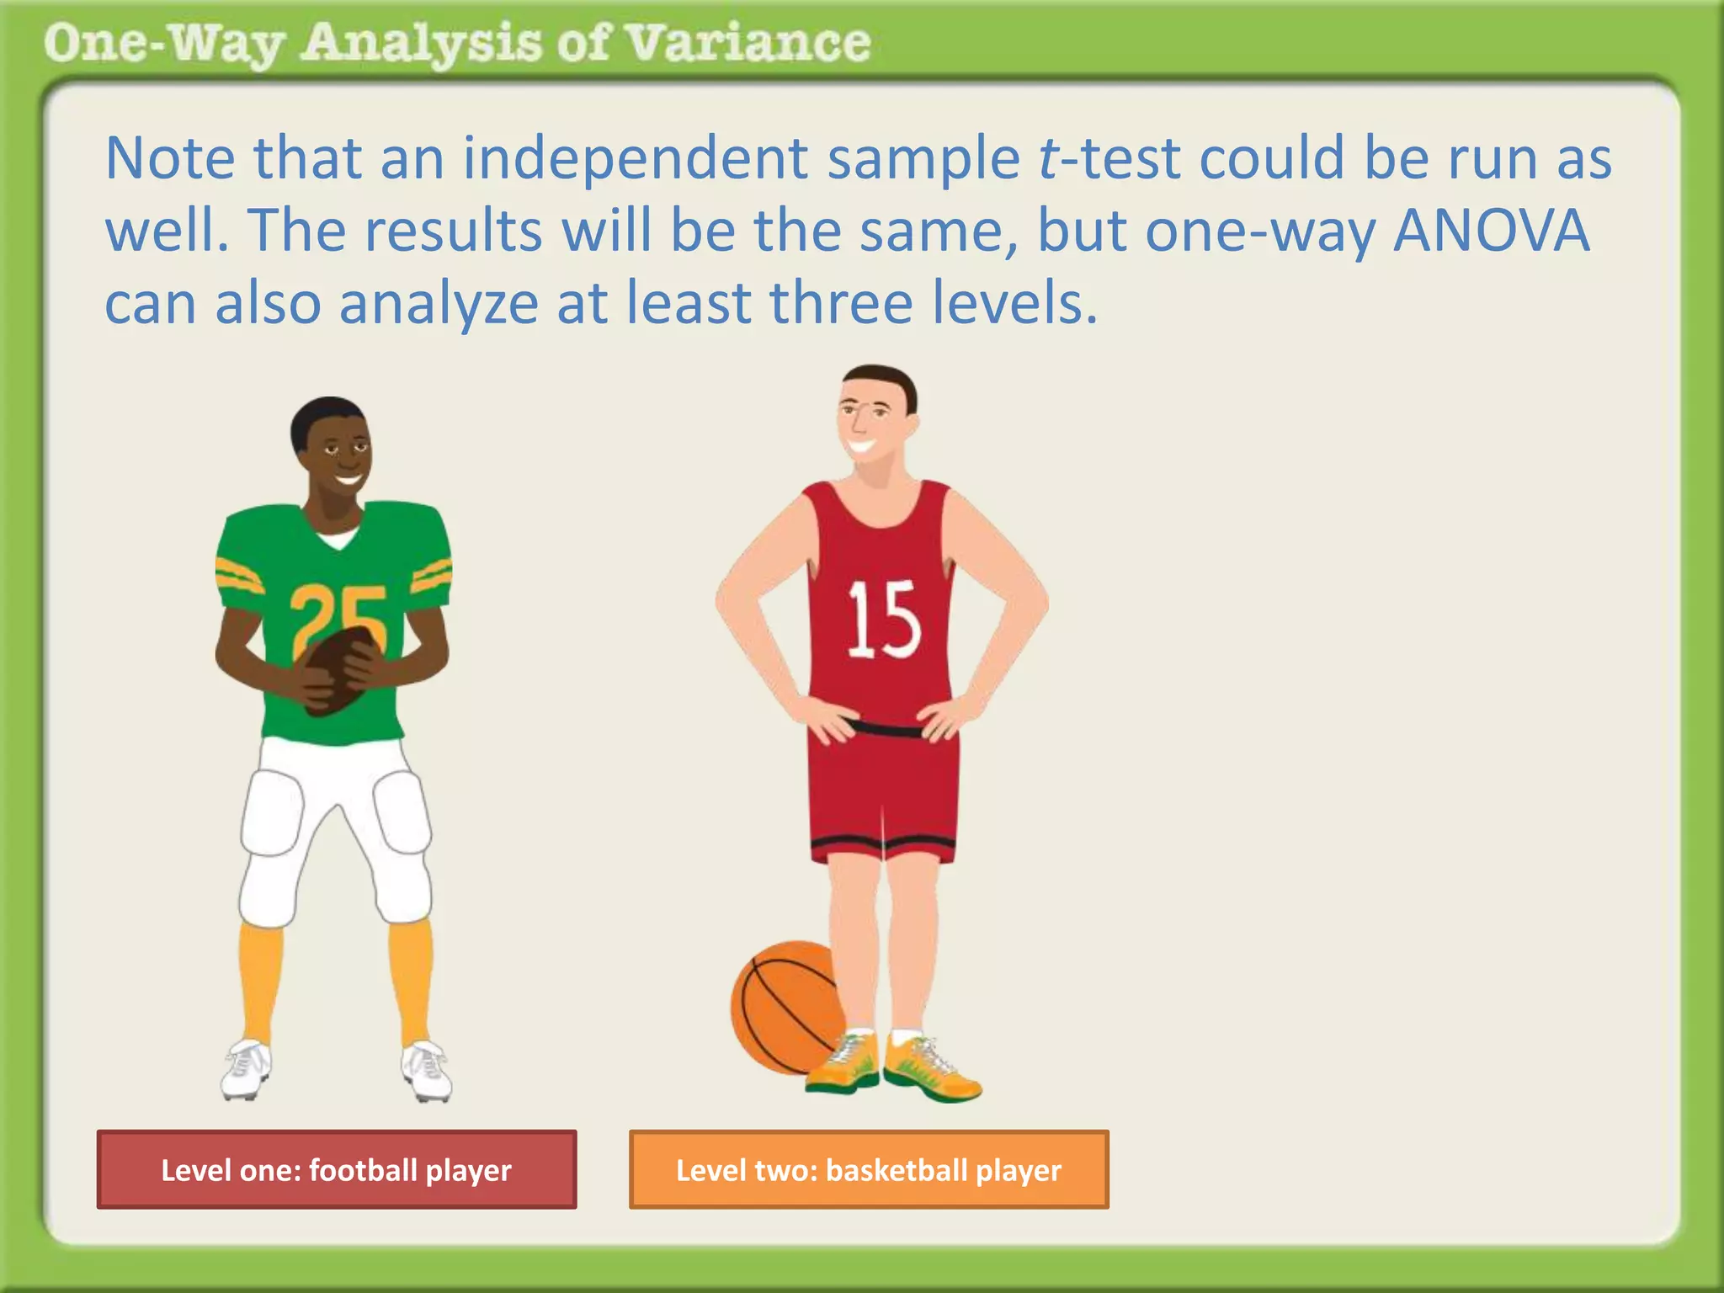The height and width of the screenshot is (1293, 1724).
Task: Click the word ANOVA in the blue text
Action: [x=1491, y=231]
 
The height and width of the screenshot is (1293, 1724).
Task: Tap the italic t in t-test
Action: [x=1049, y=158]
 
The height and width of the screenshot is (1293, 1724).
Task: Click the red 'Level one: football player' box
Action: [x=337, y=1169]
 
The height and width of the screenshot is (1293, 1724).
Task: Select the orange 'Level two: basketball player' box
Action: [x=869, y=1169]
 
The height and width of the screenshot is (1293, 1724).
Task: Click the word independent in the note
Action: [x=636, y=158]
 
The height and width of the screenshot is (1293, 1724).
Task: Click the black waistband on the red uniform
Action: [x=884, y=728]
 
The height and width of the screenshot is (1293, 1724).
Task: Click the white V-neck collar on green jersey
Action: [x=338, y=539]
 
